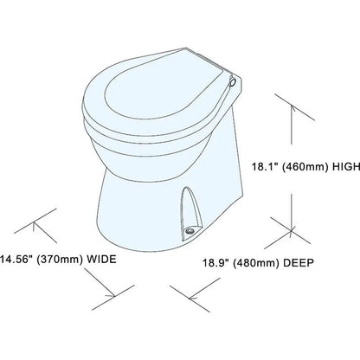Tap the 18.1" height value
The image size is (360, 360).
(x=265, y=166)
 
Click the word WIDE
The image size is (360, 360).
(x=101, y=259)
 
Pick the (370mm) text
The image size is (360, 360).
(x=60, y=260)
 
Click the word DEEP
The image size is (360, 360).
(x=299, y=263)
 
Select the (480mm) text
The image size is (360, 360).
(x=255, y=263)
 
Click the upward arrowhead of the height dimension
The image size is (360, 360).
(x=292, y=109)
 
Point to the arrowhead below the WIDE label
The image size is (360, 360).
(x=111, y=294)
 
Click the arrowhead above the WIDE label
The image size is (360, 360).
(x=35, y=225)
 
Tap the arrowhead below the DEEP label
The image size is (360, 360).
(x=193, y=296)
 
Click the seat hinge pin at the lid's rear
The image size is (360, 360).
(x=232, y=82)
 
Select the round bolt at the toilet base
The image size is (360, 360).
(x=190, y=231)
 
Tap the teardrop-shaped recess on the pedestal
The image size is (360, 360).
(x=190, y=211)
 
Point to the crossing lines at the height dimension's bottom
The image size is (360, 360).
(x=291, y=231)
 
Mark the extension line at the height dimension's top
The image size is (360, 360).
(x=294, y=107)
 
